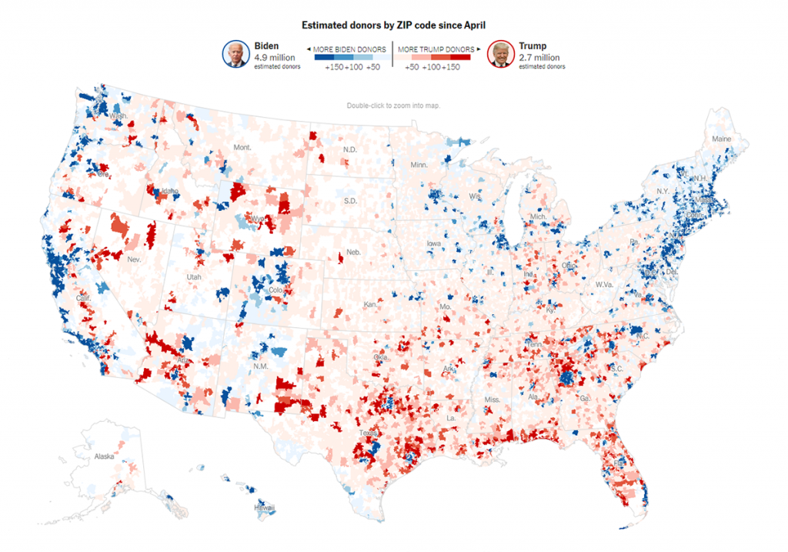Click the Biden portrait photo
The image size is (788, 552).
236,53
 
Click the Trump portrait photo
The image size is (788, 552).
502,53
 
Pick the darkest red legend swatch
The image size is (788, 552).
460,58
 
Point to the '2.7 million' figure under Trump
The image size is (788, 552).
539,58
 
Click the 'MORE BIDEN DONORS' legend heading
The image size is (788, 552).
349,49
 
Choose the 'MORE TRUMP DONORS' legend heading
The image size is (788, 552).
436,49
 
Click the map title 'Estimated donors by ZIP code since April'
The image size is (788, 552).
393,26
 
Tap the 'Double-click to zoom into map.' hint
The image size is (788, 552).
393,105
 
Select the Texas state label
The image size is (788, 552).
367,433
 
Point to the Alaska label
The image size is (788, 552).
104,457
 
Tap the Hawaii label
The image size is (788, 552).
265,508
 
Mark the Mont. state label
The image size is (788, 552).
242,147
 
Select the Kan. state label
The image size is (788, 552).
370,305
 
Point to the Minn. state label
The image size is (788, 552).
419,165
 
